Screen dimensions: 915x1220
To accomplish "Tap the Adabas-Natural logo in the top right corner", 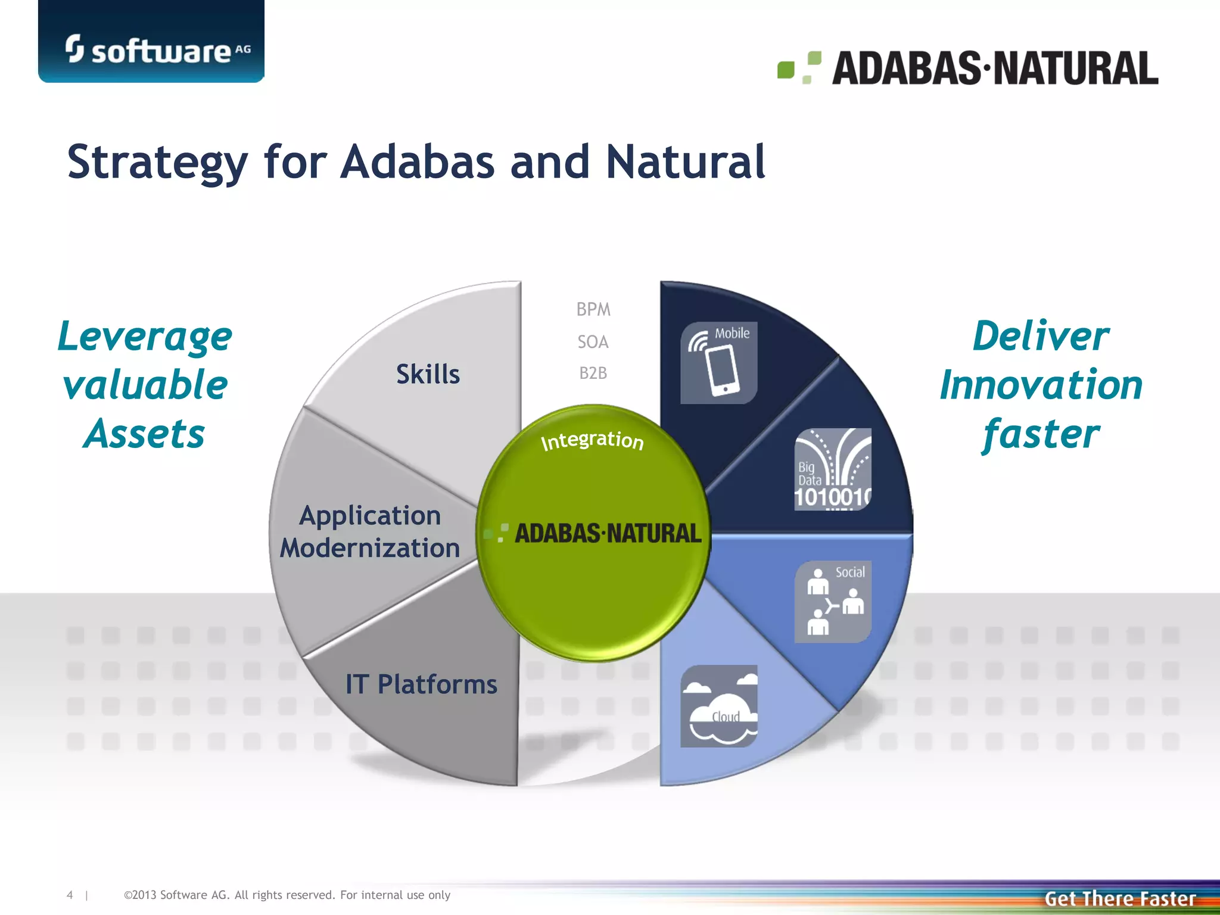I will (968, 68).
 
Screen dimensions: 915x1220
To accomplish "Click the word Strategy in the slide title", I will (157, 162).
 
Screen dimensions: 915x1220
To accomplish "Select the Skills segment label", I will (428, 375).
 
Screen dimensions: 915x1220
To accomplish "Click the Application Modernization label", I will (370, 531).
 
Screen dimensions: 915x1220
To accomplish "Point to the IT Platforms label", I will (421, 684).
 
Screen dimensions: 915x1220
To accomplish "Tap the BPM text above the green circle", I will (593, 310).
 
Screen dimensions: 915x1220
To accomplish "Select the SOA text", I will (593, 342).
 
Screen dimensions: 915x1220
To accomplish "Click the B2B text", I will (593, 374).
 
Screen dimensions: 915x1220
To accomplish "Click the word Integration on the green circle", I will (592, 440).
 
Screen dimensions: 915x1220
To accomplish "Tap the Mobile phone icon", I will (719, 363).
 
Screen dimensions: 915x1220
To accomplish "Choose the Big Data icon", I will (833, 469).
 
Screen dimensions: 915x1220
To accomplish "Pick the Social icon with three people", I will (833, 601).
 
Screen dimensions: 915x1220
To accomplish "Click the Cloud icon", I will (719, 706).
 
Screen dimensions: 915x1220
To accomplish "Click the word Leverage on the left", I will (145, 337).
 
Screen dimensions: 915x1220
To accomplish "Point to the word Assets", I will (145, 434).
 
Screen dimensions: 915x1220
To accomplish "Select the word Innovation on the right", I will (1041, 385).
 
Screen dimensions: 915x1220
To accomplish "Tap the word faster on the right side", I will (1041, 434).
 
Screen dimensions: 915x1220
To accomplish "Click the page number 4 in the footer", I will (70, 895).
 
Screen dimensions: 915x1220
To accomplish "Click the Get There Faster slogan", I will (1120, 898).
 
